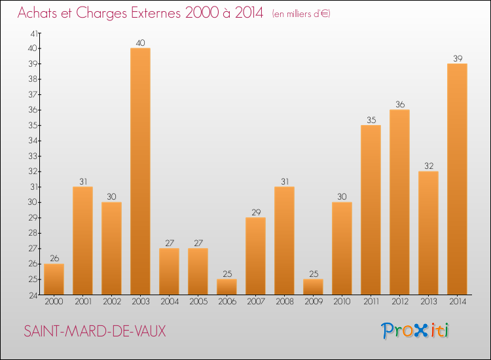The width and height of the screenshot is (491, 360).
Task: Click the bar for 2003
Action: [x=140, y=171]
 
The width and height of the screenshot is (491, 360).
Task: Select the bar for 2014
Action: [x=457, y=179]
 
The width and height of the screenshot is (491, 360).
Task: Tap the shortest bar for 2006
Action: [x=227, y=287]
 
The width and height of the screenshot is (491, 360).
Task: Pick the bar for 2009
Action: [x=313, y=287]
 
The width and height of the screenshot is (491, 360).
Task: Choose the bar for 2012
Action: [x=399, y=202]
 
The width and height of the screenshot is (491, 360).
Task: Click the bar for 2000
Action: [x=54, y=279]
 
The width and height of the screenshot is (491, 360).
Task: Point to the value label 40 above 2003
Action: [x=140, y=43]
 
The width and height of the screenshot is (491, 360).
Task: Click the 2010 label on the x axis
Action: [x=342, y=301]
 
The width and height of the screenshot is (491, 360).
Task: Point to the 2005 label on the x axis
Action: [x=198, y=301]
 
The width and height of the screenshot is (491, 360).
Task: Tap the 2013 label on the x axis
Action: [x=428, y=301]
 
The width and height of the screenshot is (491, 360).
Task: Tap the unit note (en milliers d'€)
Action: [x=301, y=14]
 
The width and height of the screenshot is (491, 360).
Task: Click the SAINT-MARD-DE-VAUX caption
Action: [x=94, y=331]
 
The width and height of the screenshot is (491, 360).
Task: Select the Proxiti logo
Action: [x=416, y=331]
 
